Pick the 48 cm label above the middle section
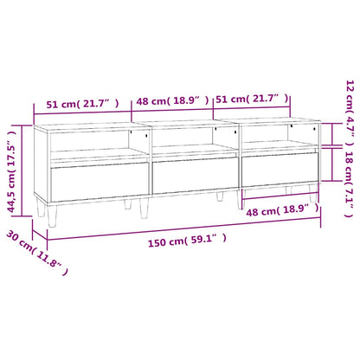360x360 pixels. [x=170, y=101]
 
